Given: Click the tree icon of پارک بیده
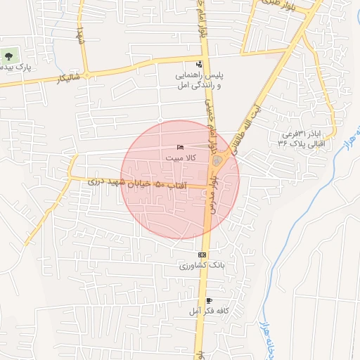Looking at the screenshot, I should click(9, 55).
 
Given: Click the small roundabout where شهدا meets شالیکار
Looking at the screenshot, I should click(87, 75).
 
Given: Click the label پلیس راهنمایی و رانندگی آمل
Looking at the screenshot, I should click(198, 79).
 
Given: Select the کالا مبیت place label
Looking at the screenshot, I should click(181, 158).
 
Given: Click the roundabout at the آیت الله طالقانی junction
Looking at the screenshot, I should click(217, 162).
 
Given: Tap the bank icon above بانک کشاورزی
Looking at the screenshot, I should click(202, 255).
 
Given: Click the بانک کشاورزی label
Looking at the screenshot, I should click(199, 267).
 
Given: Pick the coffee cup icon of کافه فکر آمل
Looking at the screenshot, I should click(208, 300).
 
